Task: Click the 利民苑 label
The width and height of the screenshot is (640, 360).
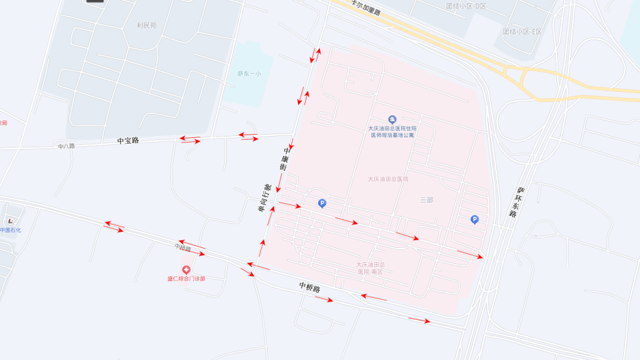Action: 146,25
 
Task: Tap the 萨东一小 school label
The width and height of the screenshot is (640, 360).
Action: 249,74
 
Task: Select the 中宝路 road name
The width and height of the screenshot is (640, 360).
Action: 128,140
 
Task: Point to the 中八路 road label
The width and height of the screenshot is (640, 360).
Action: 66,146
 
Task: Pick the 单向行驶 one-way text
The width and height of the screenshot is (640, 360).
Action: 264,197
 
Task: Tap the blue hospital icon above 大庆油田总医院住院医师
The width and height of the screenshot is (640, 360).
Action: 392,119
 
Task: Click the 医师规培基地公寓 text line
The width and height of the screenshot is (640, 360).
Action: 392,135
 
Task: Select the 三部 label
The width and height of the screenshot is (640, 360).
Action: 426,199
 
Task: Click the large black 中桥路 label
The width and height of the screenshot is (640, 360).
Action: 310,287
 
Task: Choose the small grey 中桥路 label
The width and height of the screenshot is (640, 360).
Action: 183,247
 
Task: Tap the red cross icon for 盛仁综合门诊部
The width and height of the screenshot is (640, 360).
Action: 187,269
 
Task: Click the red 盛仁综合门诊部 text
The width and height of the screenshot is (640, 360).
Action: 187,278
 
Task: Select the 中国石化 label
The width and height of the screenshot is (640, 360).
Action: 10,230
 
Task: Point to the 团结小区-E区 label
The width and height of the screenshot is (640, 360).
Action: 522,31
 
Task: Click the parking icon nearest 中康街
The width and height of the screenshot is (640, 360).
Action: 322,203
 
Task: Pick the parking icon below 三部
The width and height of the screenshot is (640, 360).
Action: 474,219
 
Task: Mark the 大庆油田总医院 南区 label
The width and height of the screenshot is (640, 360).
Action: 370,267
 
